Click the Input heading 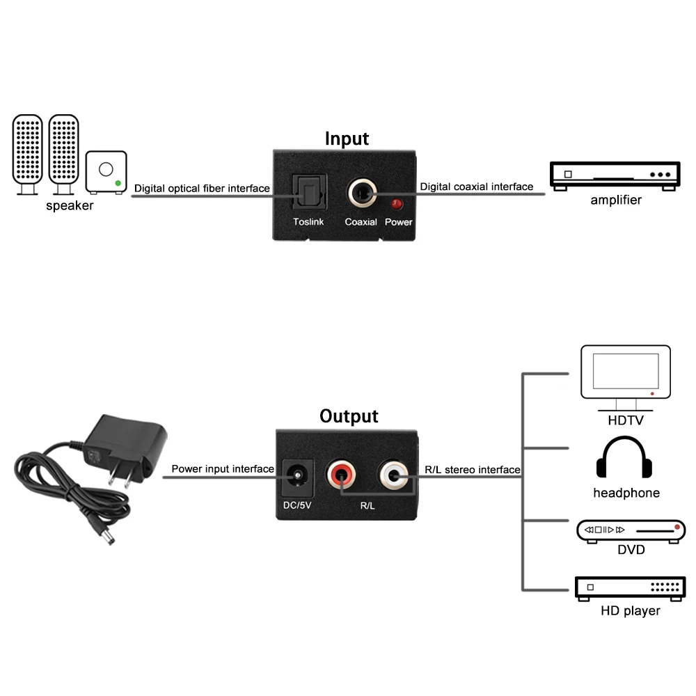click(x=347, y=139)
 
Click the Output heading click(x=349, y=416)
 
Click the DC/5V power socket click(x=296, y=478)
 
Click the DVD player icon click(x=631, y=530)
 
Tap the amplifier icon click(x=613, y=175)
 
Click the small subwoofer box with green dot click(x=106, y=171)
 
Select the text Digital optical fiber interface click(x=202, y=188)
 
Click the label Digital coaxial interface click(x=477, y=187)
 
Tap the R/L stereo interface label click(x=473, y=470)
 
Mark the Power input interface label click(x=223, y=469)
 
